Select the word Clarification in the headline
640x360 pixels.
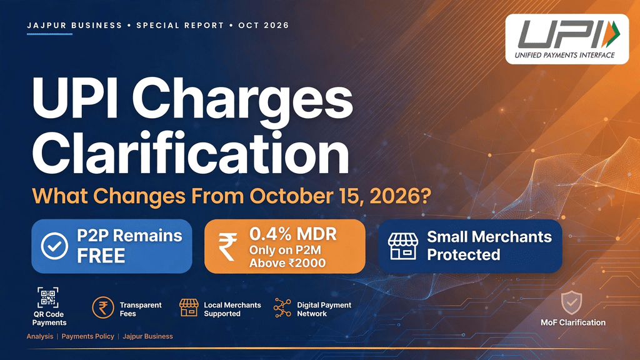tap(191, 153)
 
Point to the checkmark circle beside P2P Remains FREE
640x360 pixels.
tap(54, 246)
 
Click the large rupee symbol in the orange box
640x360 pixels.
tap(227, 246)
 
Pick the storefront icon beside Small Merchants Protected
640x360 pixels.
tap(403, 246)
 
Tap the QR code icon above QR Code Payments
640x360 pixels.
tap(47, 297)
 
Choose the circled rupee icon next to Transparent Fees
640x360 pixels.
tap(103, 307)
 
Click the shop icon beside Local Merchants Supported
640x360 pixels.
tap(189, 307)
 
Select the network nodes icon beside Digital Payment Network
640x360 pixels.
tap(282, 307)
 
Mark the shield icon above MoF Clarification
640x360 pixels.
tap(571, 302)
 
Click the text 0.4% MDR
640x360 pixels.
tap(293, 234)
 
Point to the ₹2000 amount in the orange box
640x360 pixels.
tap(307, 263)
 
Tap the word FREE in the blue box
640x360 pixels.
tap(101, 256)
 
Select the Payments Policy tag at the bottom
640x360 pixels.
tap(87, 336)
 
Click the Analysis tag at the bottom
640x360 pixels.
tap(40, 336)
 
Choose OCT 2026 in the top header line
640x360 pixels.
tap(264, 25)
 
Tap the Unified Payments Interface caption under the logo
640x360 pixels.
tap(564, 55)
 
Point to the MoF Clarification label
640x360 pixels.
tap(573, 322)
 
